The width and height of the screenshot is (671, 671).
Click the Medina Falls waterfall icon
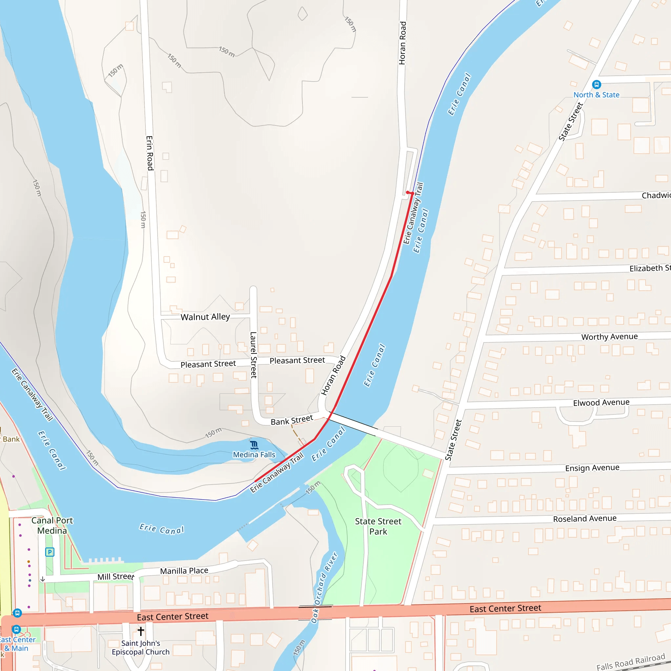(x=254, y=445)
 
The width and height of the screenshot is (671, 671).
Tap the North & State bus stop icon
(x=596, y=85)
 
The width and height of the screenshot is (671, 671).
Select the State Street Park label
(x=378, y=526)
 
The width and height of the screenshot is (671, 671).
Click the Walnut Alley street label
(x=205, y=317)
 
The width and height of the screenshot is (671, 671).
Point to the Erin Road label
(x=150, y=153)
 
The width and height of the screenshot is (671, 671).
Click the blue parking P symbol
(x=50, y=552)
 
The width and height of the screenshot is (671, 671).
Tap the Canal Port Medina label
(x=52, y=526)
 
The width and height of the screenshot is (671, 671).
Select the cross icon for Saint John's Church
(x=141, y=631)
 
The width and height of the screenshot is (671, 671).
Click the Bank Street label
(x=292, y=420)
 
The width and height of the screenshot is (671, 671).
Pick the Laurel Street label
(x=254, y=355)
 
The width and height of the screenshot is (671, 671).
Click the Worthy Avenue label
(x=609, y=336)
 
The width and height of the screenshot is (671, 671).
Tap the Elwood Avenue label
(x=601, y=403)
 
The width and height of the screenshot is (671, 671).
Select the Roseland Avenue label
(x=585, y=519)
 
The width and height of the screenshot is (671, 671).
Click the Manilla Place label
(x=184, y=571)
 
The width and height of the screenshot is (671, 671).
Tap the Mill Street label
(x=116, y=577)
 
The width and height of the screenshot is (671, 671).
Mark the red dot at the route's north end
(x=408, y=192)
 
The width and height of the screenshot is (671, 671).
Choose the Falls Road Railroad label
(x=630, y=662)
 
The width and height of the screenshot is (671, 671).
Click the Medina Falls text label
(x=254, y=455)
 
